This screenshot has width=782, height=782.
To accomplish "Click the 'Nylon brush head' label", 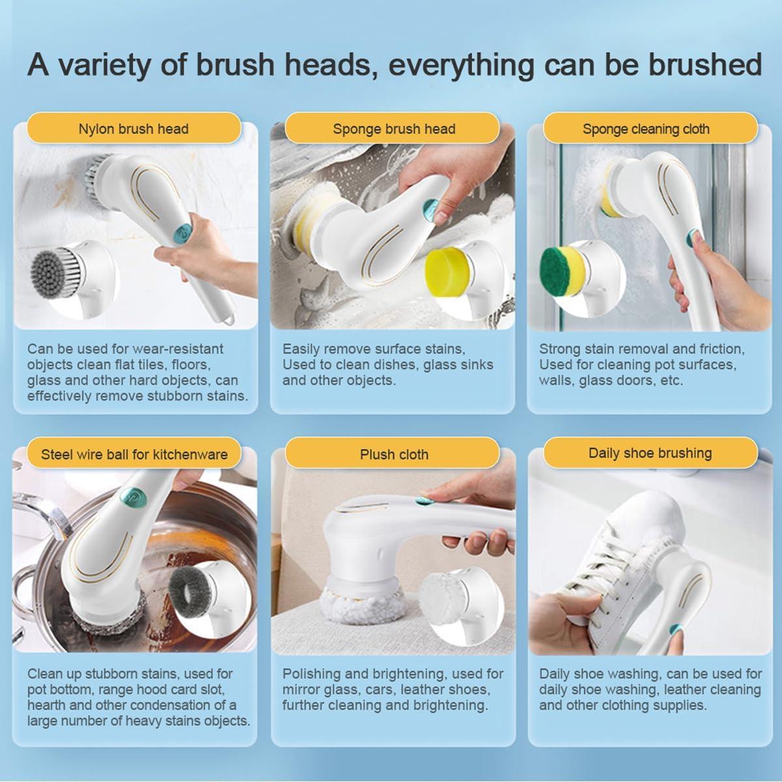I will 134,128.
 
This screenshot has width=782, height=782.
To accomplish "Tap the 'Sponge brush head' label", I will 394,128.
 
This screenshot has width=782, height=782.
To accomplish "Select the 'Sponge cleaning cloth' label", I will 646,128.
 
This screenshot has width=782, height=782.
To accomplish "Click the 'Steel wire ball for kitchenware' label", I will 134,454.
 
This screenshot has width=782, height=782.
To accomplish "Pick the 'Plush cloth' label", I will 394,454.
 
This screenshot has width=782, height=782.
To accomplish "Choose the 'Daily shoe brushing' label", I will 650,453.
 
